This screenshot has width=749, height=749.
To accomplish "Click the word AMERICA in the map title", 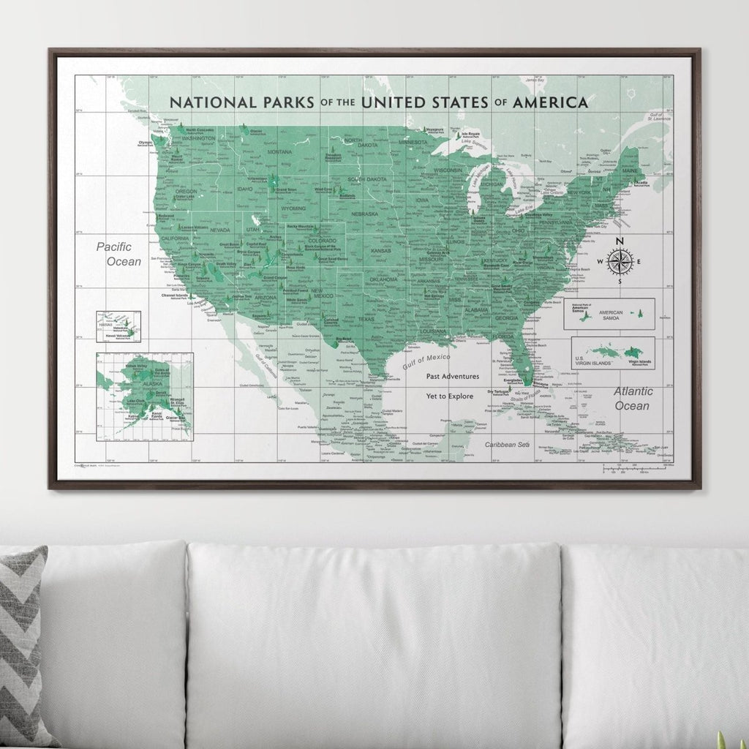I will [x=550, y=102].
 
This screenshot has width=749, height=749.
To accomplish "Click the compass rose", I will [x=620, y=261].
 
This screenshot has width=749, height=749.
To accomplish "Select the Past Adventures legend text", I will [x=453, y=376].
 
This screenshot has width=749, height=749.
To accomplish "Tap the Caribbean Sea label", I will [x=510, y=444].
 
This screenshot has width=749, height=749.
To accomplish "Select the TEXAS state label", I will [x=365, y=319].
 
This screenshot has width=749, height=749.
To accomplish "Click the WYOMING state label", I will [x=293, y=208].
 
